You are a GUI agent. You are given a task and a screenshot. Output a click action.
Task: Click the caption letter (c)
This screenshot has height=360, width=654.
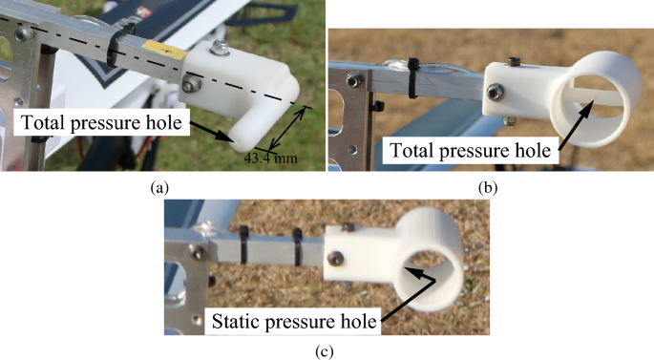click(327, 349)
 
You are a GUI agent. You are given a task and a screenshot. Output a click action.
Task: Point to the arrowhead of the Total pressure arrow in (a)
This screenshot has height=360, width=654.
click(233, 138)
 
